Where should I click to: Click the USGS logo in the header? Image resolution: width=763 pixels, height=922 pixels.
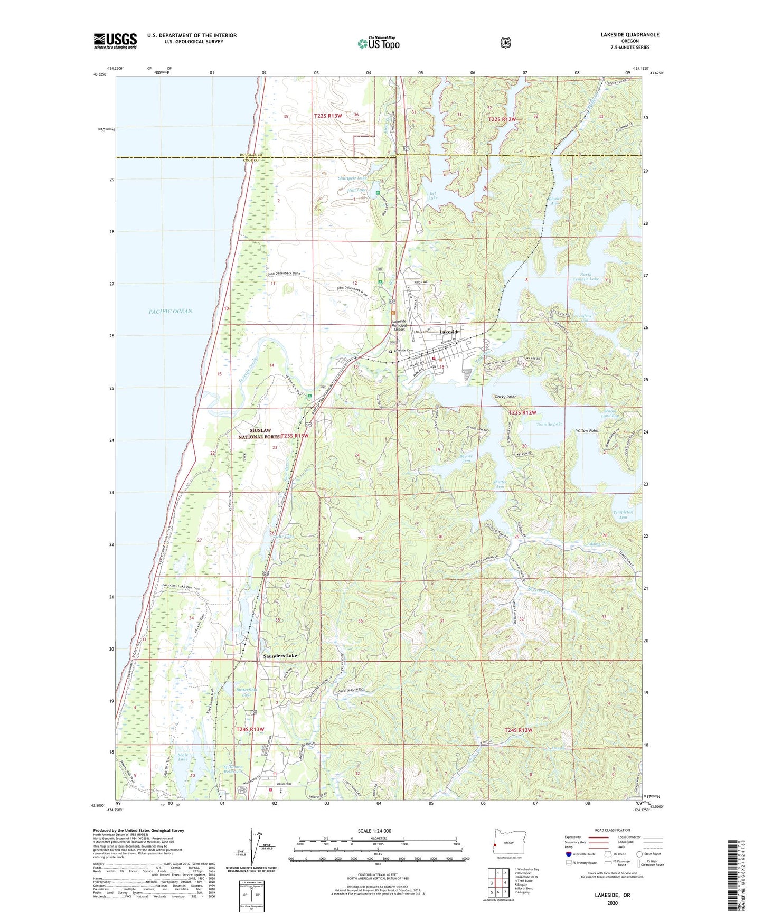point(115,41)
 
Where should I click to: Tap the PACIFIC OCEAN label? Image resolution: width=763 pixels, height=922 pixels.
point(170,312)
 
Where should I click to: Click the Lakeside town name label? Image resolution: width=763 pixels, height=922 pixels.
point(449,332)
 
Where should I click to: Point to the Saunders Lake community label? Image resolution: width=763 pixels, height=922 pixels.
point(280,656)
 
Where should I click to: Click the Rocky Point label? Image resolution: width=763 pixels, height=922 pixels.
point(505,397)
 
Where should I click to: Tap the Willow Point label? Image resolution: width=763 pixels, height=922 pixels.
point(587,431)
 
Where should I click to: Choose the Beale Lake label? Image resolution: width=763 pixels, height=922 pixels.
point(183,757)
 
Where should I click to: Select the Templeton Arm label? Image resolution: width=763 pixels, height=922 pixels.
point(623,515)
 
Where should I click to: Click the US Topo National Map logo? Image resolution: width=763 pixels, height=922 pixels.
point(378,43)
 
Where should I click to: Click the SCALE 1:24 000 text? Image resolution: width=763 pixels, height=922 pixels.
point(374,831)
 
